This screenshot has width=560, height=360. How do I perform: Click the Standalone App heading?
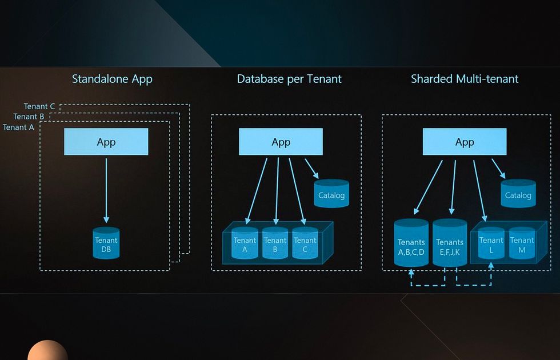coord(112,79)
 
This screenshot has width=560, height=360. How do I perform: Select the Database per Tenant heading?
coord(289,79)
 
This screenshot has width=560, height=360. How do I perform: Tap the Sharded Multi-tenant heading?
coord(465,79)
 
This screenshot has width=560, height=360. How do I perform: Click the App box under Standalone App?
coord(106,142)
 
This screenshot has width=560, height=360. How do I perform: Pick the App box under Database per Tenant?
coord(281,142)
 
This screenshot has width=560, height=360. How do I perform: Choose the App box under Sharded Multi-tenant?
coord(465,142)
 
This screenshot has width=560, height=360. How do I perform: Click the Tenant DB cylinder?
coord(106,243)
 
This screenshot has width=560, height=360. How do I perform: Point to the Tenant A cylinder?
coord(245,243)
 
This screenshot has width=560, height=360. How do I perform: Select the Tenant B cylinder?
coord(275,243)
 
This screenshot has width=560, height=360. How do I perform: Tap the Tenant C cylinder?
coord(305,243)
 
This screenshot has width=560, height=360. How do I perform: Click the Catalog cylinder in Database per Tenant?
coord(331,194)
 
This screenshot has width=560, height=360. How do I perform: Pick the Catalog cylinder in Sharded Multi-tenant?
coord(518,194)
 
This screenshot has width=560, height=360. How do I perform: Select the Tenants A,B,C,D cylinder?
coord(411,243)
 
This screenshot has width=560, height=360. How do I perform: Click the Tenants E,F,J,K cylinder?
coord(450,243)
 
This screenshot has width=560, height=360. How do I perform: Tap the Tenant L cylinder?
coord(491,243)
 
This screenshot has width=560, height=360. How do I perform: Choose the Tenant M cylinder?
coord(522,243)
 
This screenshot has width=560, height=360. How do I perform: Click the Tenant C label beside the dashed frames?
coord(39,106)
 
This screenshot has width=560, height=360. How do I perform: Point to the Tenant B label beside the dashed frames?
coord(29,117)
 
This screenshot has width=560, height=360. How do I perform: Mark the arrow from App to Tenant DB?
coord(106,191)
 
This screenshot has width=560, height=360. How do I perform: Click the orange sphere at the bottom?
coord(47,350)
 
